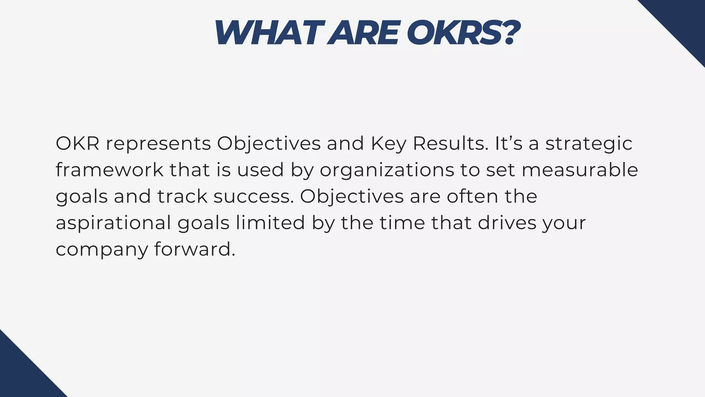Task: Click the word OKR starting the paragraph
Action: click(77, 143)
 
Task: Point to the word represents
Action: click(158, 144)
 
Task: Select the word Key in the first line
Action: click(388, 144)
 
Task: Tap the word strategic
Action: click(589, 144)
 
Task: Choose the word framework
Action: click(109, 170)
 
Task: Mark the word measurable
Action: click(580, 170)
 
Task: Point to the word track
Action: click(182, 196)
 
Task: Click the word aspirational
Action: click(113, 223)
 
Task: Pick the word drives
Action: click(507, 223)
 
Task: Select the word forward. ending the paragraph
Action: click(195, 249)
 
